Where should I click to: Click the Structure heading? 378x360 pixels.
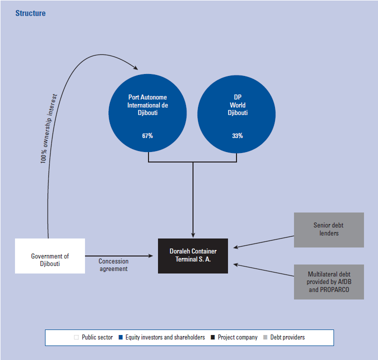coord(30,13)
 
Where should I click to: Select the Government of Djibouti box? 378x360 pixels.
coord(50,256)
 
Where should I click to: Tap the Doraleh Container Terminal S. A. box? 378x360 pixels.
coord(193,256)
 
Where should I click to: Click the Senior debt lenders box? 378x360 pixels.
coord(328,229)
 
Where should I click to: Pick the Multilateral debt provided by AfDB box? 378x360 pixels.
coord(328,282)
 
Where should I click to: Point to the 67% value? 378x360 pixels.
coord(147,136)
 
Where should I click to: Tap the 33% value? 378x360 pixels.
coord(237,136)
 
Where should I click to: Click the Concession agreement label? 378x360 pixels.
coord(113,265)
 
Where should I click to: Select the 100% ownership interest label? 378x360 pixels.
coord(50,129)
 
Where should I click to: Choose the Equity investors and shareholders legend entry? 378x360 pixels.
coord(165,337)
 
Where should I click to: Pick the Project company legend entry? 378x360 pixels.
coord(237,337)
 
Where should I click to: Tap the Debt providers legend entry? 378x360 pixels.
coord(287,337)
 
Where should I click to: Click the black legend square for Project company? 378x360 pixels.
coord(213,337)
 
